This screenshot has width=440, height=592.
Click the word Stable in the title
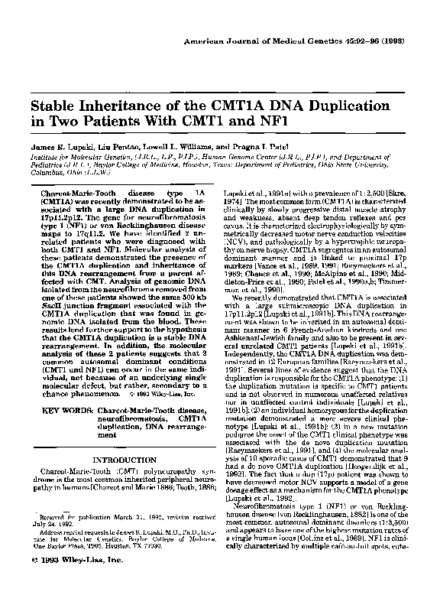point(57,104)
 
